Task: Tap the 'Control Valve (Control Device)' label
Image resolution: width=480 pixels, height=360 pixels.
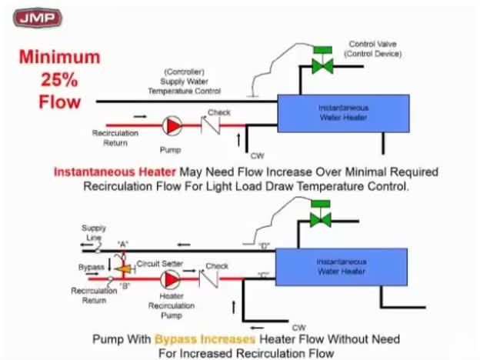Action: [x=373, y=49]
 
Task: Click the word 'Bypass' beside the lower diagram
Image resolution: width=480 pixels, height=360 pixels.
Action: [x=91, y=266]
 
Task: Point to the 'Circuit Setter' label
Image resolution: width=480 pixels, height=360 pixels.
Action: [x=159, y=263]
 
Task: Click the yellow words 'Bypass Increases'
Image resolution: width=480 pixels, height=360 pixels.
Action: [x=205, y=338]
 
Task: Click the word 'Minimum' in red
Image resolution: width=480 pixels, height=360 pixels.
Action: [x=59, y=57]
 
